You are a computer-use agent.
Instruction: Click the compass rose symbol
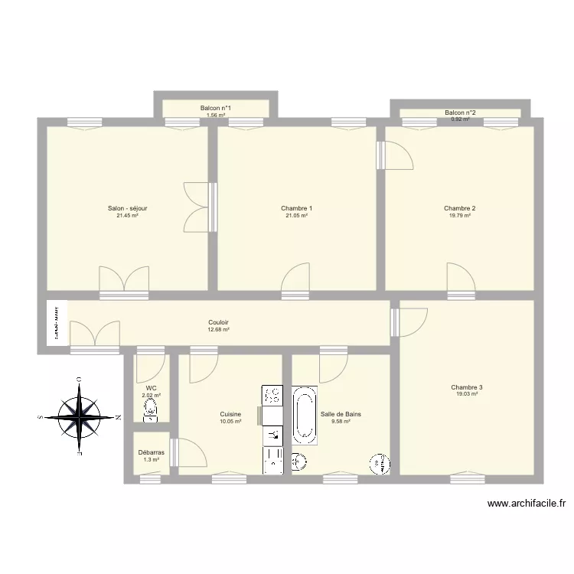[80, 417]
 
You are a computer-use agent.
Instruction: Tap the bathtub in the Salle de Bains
[305, 416]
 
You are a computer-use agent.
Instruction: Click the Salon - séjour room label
[127, 208]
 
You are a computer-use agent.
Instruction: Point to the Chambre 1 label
[296, 208]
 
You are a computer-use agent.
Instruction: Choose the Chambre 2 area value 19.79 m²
[459, 216]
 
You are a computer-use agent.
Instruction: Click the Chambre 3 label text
[466, 387]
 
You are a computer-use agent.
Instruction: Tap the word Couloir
[218, 322]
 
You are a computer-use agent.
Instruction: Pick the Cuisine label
[230, 414]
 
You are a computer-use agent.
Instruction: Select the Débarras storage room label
[151, 452]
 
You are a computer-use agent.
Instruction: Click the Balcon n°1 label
[215, 109]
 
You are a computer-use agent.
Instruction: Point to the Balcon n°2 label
[460, 113]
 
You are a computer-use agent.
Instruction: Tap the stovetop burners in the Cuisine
[272, 395]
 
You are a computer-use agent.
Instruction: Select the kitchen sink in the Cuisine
[272, 435]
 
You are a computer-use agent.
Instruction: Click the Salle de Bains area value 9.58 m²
[341, 422]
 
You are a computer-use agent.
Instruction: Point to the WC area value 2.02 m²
[151, 396]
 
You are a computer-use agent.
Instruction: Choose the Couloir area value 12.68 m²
[218, 330]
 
